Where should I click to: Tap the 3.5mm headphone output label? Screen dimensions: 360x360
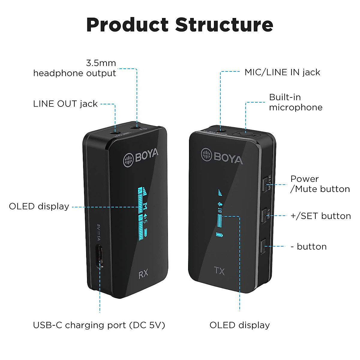pyautogui.click(x=74, y=68)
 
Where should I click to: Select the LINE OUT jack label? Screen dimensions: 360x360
pyautogui.click(x=65, y=104)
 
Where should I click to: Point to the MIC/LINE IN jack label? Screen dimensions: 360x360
pyautogui.click(x=282, y=72)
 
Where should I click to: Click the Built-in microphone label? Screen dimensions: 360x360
pyautogui.click(x=295, y=102)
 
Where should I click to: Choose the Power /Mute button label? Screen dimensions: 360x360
pyautogui.click(x=320, y=184)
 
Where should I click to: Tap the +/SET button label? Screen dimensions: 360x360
pyautogui.click(x=320, y=216)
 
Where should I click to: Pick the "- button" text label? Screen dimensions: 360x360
pyautogui.click(x=309, y=247)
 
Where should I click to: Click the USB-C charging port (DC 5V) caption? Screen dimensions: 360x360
pyautogui.click(x=99, y=325)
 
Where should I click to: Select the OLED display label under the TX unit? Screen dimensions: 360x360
pyautogui.click(x=239, y=325)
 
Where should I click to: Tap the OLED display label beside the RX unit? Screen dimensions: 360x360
pyautogui.click(x=39, y=206)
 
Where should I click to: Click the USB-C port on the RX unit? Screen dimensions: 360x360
pyautogui.click(x=100, y=256)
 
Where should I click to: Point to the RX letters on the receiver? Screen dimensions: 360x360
pyautogui.click(x=143, y=274)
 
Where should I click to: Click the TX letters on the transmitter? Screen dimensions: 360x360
pyautogui.click(x=220, y=271)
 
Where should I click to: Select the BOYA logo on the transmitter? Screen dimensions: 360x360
pyautogui.click(x=222, y=156)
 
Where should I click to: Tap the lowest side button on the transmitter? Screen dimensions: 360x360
pyautogui.click(x=264, y=246)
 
